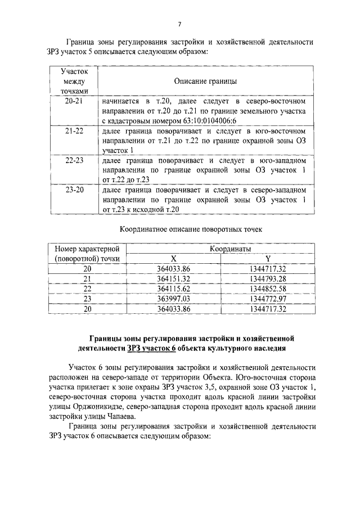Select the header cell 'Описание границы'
[205, 81]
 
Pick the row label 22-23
[74, 160]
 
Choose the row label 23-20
[74, 190]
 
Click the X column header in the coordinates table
[173, 259]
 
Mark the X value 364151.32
[174, 279]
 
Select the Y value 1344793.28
[268, 279]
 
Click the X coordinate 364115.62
[174, 289]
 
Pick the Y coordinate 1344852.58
[268, 289]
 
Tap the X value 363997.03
[174, 299]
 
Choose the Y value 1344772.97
[268, 299]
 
